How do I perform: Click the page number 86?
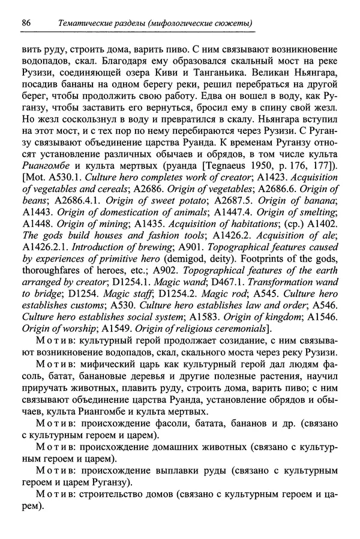pyautogui.click(x=26, y=23)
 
